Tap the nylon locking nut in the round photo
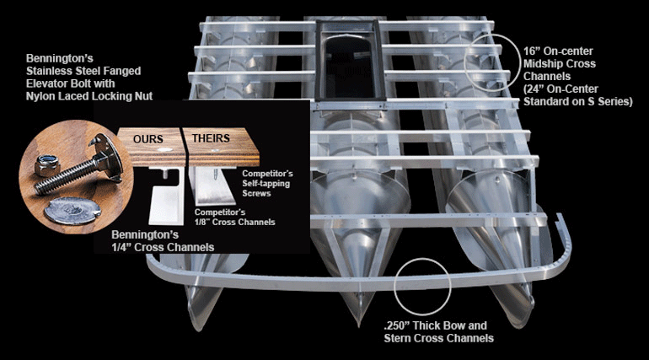point(48,161)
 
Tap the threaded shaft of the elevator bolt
point(75,166)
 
